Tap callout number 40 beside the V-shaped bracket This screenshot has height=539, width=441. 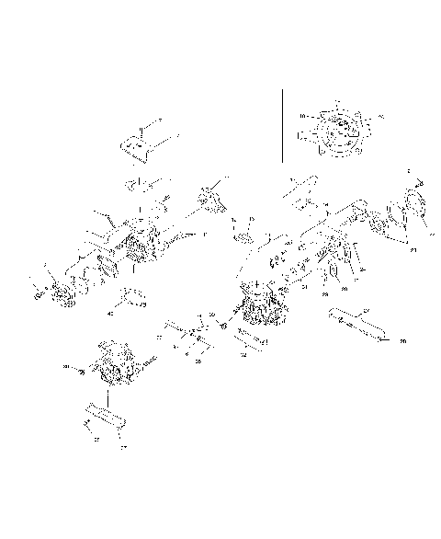pyautogui.click(x=111, y=314)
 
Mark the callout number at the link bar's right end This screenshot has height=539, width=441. pyautogui.click(x=402, y=341)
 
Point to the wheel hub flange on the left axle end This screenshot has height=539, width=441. pyautogui.click(x=62, y=294)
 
